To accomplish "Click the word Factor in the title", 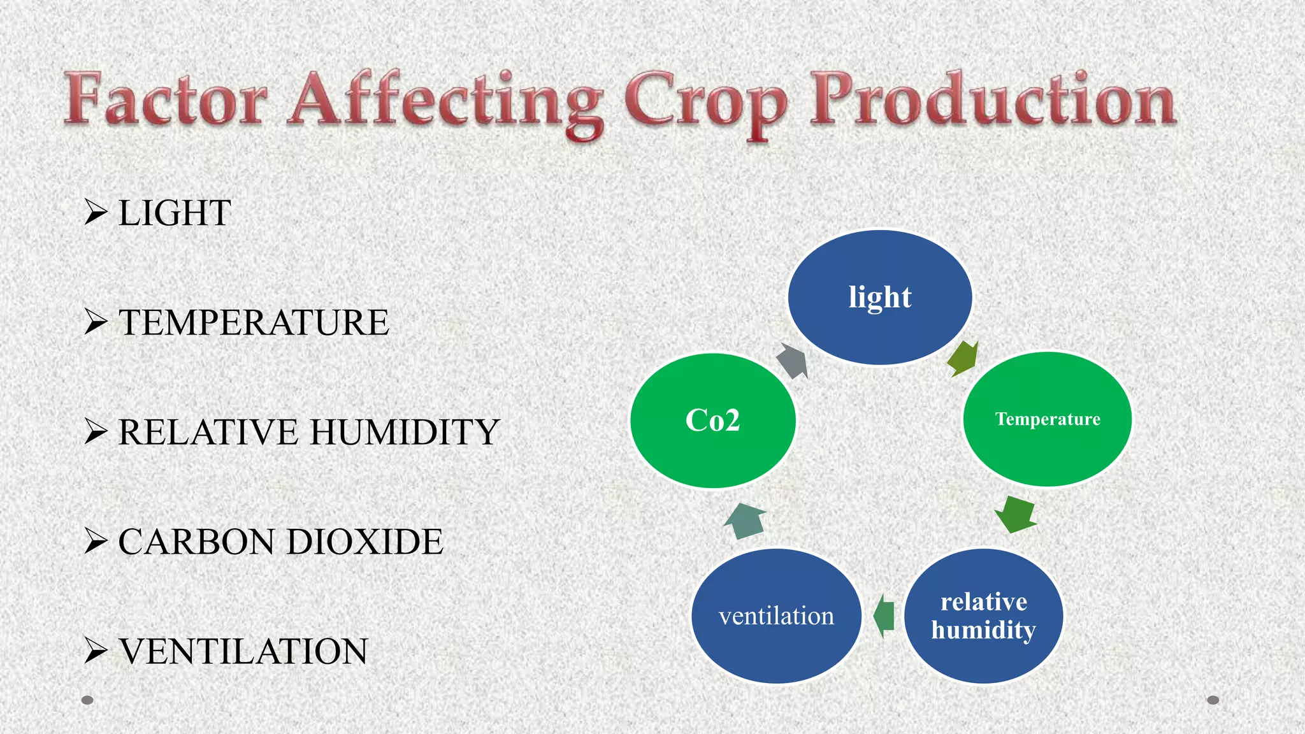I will pos(166,100).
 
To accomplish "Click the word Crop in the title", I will pos(706,102).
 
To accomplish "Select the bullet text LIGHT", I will pos(175,213).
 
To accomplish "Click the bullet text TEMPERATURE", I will pos(253,322).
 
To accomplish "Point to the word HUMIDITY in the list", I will pos(405,432).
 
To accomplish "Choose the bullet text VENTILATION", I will pos(243,651).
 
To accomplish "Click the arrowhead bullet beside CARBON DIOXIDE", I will pos(96,541).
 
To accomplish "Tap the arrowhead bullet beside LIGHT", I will pos(96,212).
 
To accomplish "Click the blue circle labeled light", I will pos(880,298).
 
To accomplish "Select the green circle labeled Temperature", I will pos(1047,419).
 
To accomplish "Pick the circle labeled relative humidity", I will pos(983,616).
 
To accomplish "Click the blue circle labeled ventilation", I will pos(776,616).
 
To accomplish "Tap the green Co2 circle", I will pos(712,421).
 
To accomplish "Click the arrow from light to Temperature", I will pos(963,359).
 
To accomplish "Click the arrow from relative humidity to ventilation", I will pos(884,615).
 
